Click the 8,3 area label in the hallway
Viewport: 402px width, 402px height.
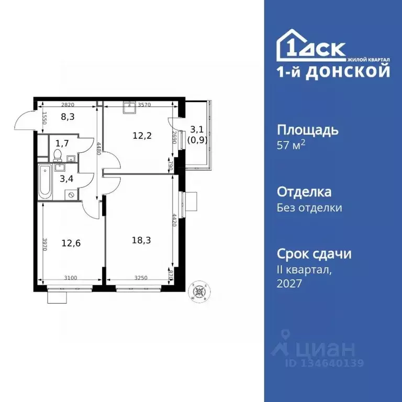coord(68,117)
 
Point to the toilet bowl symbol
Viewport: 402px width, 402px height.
coord(57,154)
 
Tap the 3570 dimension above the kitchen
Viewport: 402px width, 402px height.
coord(144,105)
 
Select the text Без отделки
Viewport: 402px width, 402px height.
coord(309,208)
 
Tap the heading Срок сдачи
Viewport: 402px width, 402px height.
coord(314,254)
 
